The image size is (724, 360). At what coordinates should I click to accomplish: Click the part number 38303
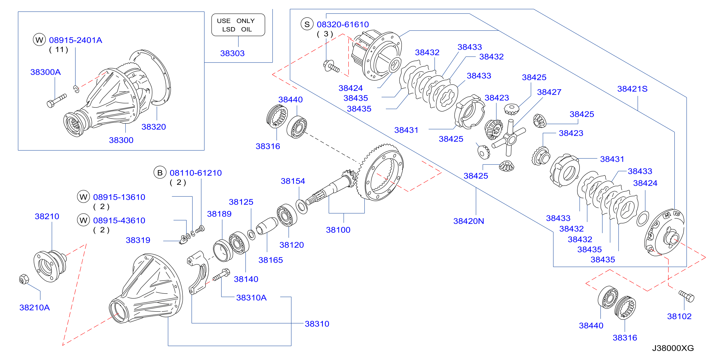[232, 53]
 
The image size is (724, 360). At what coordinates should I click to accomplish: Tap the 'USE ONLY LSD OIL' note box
[238, 25]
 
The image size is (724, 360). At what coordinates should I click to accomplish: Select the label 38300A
[46, 72]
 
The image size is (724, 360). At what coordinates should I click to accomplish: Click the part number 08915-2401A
[76, 40]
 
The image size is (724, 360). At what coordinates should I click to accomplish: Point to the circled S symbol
[307, 24]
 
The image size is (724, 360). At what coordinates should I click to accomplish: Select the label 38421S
[632, 89]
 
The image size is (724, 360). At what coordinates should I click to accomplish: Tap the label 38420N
[469, 221]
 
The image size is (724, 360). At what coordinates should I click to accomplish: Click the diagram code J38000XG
[673, 348]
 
